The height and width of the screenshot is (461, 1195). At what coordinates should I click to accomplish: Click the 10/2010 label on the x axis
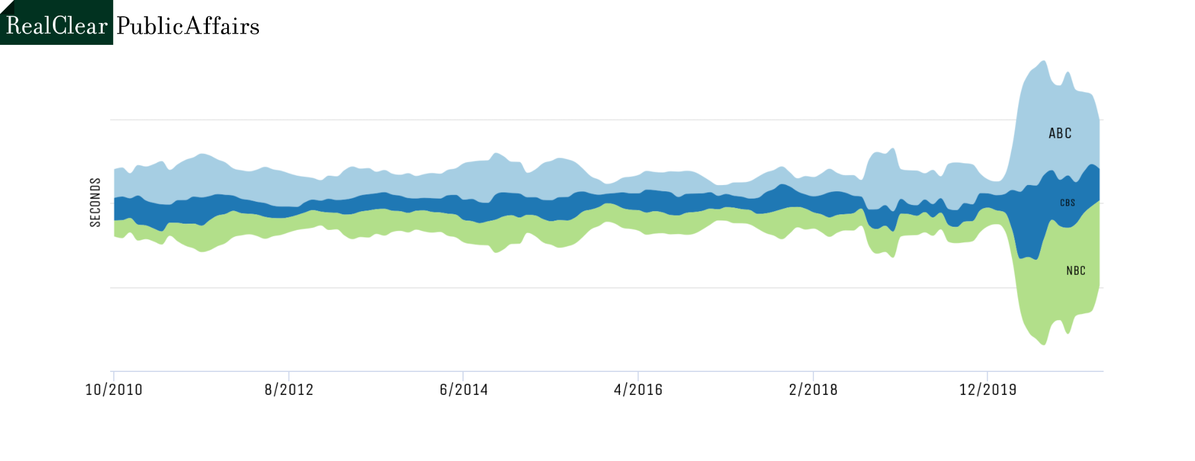pyautogui.click(x=114, y=390)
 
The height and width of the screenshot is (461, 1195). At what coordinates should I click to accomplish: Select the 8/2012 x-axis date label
pyautogui.click(x=289, y=390)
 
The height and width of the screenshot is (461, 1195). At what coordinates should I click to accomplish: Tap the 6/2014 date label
pyautogui.click(x=464, y=390)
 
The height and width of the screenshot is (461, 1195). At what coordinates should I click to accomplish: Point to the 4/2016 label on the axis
pyautogui.click(x=638, y=390)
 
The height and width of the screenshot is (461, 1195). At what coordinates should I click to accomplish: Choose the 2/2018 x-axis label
pyautogui.click(x=813, y=390)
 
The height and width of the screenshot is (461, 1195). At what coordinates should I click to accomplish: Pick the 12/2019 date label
pyautogui.click(x=988, y=390)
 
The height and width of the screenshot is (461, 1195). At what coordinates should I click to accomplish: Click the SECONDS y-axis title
pyautogui.click(x=95, y=202)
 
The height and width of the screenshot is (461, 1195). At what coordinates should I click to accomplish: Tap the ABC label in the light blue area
pyautogui.click(x=1060, y=133)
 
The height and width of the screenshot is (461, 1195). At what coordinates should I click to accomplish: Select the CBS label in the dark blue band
pyautogui.click(x=1067, y=203)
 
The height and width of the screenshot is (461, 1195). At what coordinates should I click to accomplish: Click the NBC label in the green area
pyautogui.click(x=1075, y=271)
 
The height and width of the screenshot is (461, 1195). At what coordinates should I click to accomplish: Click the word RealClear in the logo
pyautogui.click(x=57, y=26)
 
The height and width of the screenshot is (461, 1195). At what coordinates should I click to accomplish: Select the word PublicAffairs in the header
pyautogui.click(x=188, y=26)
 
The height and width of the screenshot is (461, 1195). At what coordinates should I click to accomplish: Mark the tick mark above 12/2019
pyautogui.click(x=987, y=375)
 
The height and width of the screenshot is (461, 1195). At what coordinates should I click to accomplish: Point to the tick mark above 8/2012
pyautogui.click(x=289, y=375)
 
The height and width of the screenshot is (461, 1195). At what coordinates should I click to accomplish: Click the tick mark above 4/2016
pyautogui.click(x=638, y=375)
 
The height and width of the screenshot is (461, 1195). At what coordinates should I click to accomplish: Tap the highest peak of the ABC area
pyautogui.click(x=1044, y=61)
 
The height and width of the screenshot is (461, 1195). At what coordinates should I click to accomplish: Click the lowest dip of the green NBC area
pyautogui.click(x=1044, y=345)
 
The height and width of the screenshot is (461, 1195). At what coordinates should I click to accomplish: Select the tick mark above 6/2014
pyautogui.click(x=463, y=375)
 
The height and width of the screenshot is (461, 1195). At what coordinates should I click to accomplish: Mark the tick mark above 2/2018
pyautogui.click(x=813, y=375)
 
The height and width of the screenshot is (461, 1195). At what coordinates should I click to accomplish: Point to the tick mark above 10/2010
pyautogui.click(x=114, y=375)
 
